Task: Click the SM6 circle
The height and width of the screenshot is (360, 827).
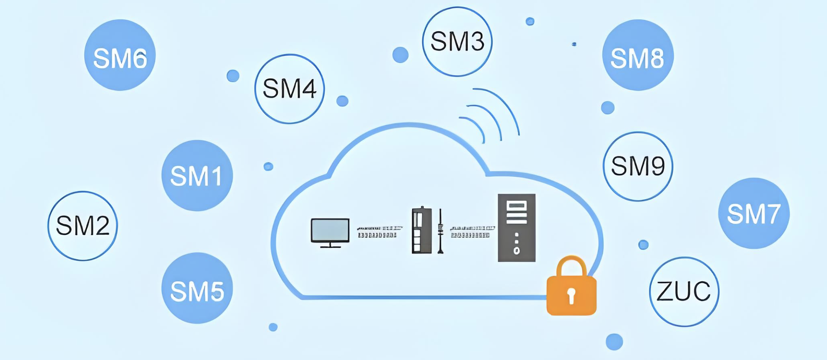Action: pos(120,55)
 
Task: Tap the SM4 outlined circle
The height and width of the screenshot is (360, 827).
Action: pos(290,89)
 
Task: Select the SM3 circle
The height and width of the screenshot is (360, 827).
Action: pos(457,42)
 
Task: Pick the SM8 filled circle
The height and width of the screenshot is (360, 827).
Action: pos(638,55)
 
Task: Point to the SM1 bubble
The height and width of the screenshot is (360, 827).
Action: pos(197,175)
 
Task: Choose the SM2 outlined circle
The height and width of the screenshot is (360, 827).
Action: pos(83,226)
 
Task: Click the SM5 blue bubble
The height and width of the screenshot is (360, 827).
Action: pos(197,288)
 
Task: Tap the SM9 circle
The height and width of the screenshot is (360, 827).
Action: pos(638,166)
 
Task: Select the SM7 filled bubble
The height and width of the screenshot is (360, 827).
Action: pos(754,213)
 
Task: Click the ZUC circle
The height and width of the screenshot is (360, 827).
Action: pos(684,292)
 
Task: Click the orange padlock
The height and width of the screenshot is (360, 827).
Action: pos(571,292)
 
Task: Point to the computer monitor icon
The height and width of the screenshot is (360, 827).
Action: pos(330,232)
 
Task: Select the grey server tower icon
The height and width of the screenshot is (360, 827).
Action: pos(516,227)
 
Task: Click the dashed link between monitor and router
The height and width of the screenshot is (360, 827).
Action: pos(379,232)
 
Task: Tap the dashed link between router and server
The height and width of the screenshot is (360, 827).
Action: pos(472,232)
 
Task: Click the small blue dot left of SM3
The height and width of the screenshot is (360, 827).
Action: pos(400,55)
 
